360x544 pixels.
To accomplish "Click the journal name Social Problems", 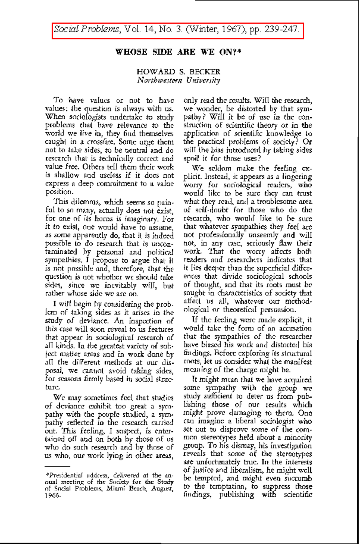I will coord(86,29).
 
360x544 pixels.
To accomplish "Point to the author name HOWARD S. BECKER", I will coord(178,72).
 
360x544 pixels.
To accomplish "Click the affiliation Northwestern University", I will coord(178,80).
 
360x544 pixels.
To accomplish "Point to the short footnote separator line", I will coord(57,466).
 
